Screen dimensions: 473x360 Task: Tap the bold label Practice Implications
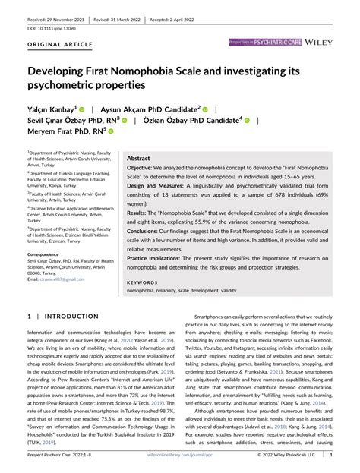tap(155, 259)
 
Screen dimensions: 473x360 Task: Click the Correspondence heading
tap(49, 254)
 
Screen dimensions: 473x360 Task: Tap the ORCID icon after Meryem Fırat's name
tap(111, 131)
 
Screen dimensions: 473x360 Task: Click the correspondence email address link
tap(62, 280)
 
